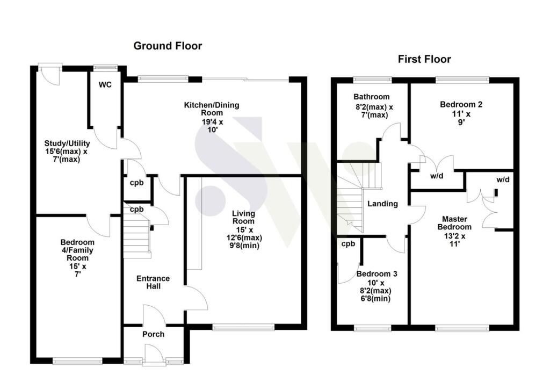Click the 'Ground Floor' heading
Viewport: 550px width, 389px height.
(168, 46)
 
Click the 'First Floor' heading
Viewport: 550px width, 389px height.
(424, 59)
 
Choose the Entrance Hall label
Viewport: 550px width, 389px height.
(153, 282)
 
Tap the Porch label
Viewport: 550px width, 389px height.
(153, 334)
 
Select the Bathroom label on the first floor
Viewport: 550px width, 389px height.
(371, 97)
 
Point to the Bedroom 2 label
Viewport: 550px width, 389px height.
(461, 105)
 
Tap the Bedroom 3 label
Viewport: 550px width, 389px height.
(377, 274)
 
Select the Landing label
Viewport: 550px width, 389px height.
(382, 204)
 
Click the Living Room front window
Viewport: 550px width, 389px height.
(243, 326)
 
